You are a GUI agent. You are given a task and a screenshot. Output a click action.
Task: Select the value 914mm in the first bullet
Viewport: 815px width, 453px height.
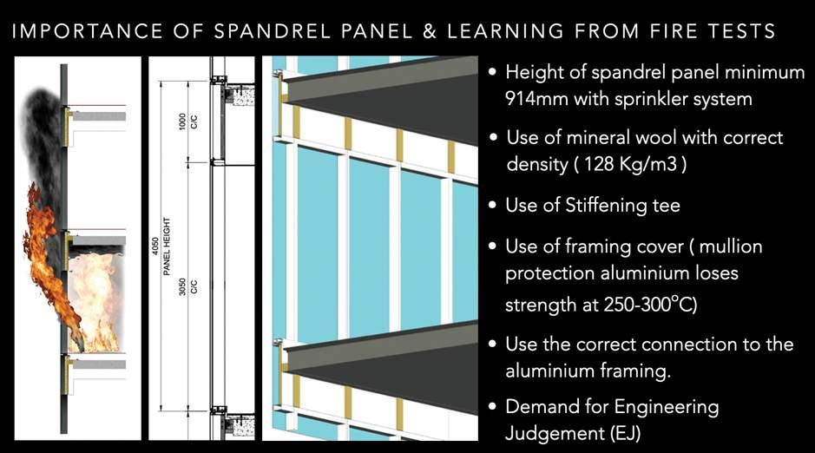pos(533,99)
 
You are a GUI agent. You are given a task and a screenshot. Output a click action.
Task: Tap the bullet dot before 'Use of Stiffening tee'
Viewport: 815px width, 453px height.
pos(493,207)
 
